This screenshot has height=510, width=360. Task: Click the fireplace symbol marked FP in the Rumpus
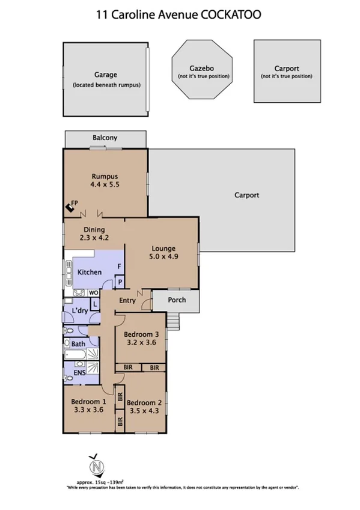[72, 209]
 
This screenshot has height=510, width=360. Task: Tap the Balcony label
[105, 138]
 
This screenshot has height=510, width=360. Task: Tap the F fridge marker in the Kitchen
[119, 266]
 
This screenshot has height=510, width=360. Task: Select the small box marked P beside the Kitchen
[119, 281]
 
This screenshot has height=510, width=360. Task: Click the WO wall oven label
[94, 293]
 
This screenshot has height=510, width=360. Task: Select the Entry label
[127, 300]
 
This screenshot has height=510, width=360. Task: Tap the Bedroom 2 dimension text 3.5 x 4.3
[144, 411]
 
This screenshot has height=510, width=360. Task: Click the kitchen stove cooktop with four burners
[79, 293]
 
